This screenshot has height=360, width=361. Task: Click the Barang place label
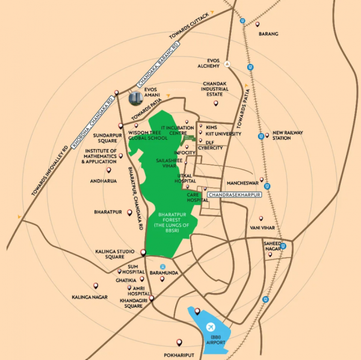(268, 34)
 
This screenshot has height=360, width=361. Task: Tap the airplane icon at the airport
(211, 326)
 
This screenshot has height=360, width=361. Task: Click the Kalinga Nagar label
(90, 297)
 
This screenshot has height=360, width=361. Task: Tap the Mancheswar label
(242, 182)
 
